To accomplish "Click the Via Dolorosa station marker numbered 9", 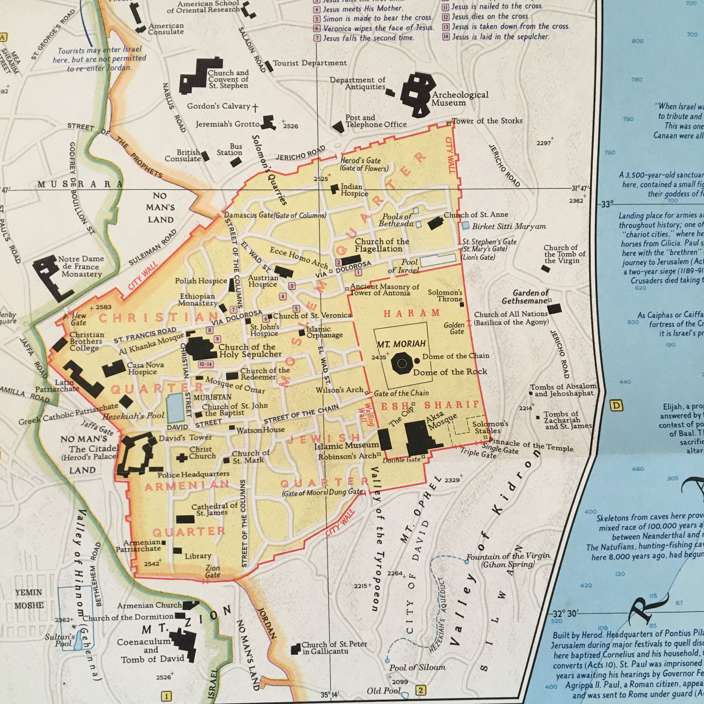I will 217,339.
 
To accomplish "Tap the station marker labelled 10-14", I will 206,364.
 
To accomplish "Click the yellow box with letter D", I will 616,406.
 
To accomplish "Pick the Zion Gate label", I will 213,571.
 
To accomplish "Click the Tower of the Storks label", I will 487,121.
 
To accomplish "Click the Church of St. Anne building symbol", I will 435,223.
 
